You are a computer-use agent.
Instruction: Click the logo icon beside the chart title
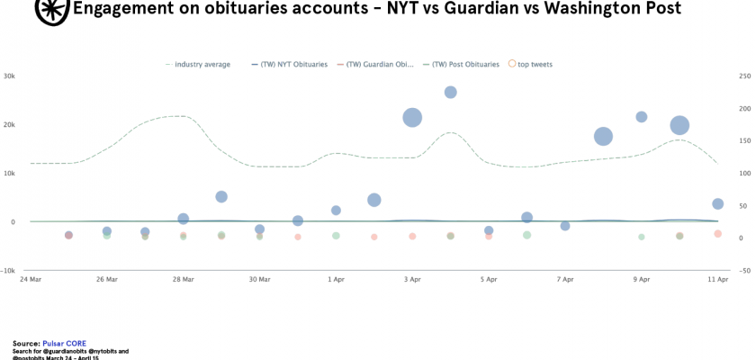pos(52,9)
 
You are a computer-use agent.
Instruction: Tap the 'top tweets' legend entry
pos(533,64)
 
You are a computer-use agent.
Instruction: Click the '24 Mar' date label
pos(31,280)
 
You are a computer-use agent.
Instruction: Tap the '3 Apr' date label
pos(412,280)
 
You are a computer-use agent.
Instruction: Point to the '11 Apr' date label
pos(717,280)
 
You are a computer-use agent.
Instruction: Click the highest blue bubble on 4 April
pos(451,92)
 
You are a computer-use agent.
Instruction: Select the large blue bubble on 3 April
pos(412,118)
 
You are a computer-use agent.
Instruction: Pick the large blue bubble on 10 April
pos(679,126)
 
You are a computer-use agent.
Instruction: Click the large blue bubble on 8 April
pos(603,137)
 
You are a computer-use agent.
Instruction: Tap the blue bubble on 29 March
pos(221,196)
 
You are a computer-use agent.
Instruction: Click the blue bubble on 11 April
pos(718,204)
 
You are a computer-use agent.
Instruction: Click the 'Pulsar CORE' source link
pos(66,343)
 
